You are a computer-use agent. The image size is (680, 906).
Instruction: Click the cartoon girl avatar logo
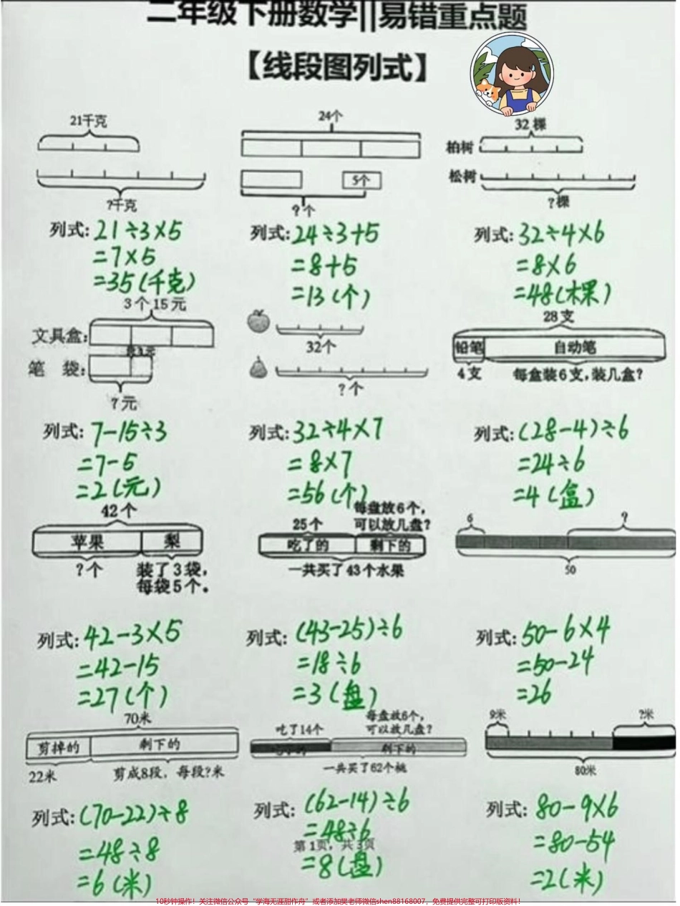point(511,74)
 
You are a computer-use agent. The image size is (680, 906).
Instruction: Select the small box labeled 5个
point(361,181)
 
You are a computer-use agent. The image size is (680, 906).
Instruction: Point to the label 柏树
point(460,147)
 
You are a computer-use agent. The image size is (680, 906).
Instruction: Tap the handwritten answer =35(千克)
point(140,282)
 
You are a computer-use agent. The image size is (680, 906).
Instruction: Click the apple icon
point(256,321)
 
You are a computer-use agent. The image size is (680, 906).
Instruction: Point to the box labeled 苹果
point(87,542)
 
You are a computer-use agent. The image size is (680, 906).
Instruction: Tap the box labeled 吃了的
point(308,546)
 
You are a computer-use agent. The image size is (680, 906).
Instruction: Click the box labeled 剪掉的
point(58,747)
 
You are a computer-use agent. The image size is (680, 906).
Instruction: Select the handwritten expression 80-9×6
point(577,808)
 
